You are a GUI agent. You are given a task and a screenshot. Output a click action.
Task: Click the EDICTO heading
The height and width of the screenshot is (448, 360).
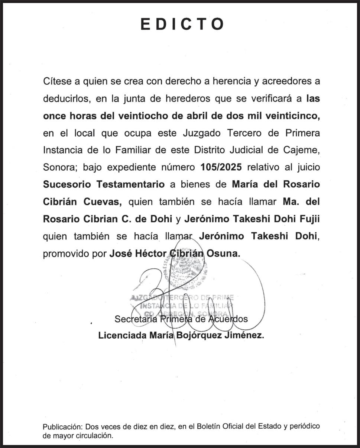(x=182, y=24)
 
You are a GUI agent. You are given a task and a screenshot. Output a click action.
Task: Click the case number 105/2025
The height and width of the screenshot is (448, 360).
(x=221, y=167)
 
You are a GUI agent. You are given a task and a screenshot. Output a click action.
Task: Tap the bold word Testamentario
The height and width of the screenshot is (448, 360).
(x=130, y=184)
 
